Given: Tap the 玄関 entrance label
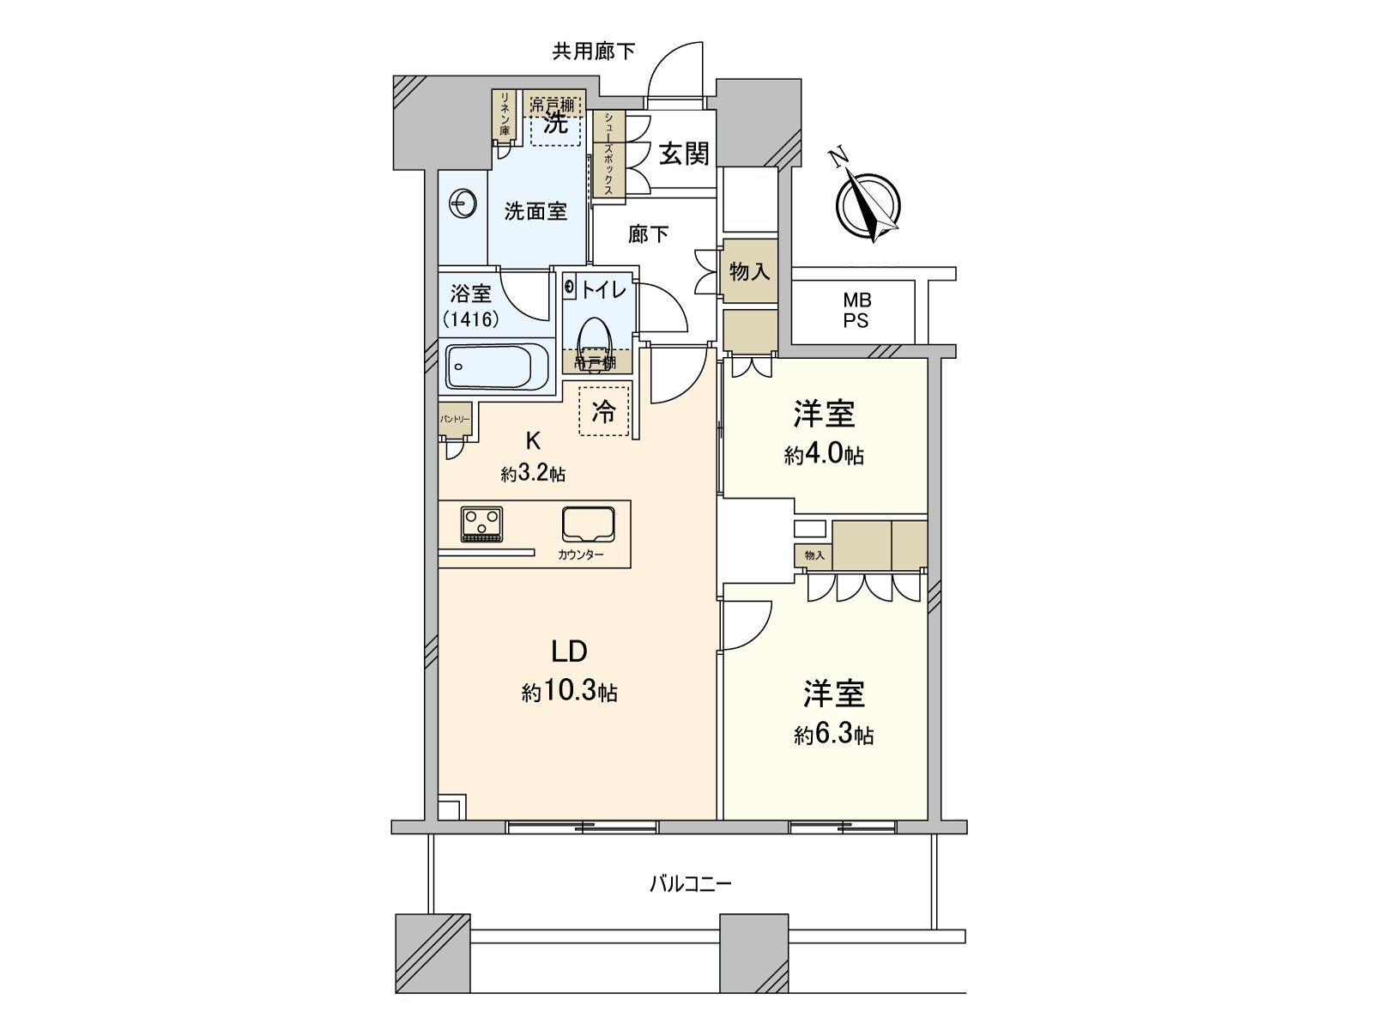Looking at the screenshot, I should click(684, 154).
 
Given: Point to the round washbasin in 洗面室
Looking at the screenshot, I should click(463, 204).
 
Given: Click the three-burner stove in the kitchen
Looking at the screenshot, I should click(481, 524).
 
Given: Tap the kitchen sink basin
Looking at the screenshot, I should click(588, 524).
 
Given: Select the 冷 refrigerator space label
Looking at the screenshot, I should click(604, 411).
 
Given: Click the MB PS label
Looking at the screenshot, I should click(856, 311).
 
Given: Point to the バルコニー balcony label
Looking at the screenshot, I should click(690, 883).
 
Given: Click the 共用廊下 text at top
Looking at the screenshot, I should click(593, 51).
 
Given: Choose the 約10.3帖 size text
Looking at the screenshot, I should click(570, 692).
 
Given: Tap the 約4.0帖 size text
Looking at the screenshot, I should click(823, 455).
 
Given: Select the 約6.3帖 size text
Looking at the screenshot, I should click(833, 735).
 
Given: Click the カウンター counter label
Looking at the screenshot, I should click(580, 554).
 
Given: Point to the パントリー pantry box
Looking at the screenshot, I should click(455, 420).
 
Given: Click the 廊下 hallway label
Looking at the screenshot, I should click(648, 233).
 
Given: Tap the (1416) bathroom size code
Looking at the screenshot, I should click(471, 320).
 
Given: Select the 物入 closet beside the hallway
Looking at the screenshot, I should click(749, 272).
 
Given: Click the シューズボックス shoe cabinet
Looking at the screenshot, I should click(608, 154).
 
